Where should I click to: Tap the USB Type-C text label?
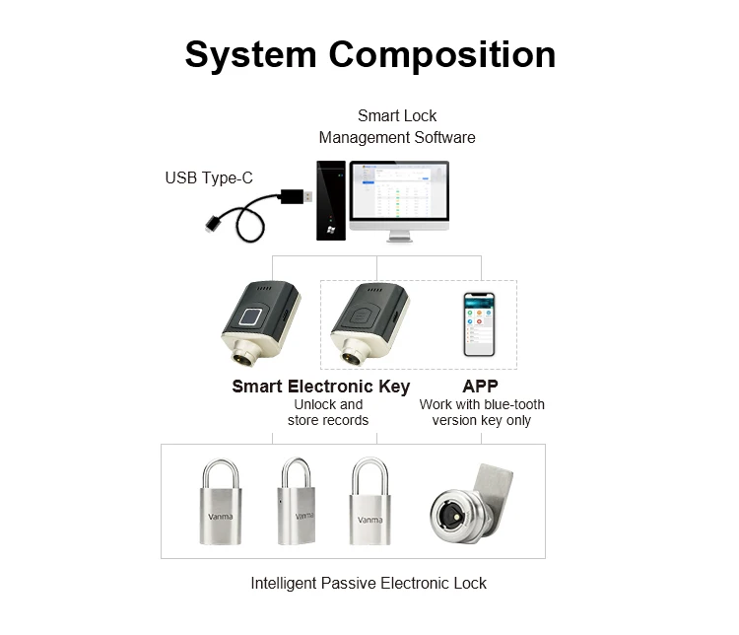[208, 178]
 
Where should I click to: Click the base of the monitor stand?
[400, 239]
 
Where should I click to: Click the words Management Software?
[397, 138]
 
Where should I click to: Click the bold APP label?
[481, 386]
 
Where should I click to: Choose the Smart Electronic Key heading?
[320, 386]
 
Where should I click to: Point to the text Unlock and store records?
[328, 412]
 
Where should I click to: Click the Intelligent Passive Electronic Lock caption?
[369, 583]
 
